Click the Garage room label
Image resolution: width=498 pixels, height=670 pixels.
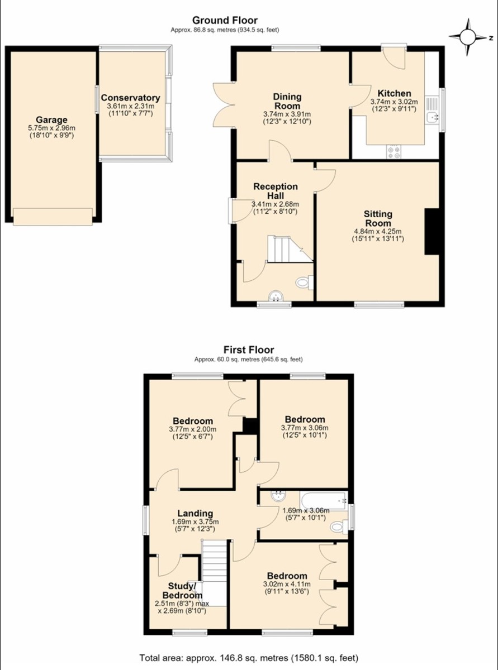(52, 120)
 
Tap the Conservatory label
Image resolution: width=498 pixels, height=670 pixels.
(131, 98)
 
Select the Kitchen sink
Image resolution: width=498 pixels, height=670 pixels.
(433, 117)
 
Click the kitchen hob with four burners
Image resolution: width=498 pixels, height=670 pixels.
(393, 152)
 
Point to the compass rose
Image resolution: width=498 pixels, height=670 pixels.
(468, 37)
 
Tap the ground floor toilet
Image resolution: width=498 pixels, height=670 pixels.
(305, 283)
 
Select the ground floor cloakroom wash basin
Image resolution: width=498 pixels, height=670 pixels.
(276, 296)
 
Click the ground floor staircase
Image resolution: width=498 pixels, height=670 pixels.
(290, 249)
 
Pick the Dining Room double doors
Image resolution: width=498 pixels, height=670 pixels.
(224, 106)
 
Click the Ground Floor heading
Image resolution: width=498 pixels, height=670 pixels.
(225, 20)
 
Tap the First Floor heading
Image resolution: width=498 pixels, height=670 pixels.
(249, 350)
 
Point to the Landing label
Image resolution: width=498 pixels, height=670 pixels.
(195, 513)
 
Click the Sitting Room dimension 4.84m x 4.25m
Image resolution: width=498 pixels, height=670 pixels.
(378, 232)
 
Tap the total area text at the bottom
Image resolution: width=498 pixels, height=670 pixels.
(249, 658)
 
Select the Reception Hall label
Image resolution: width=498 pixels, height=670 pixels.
(276, 191)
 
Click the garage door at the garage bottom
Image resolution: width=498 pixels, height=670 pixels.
(53, 217)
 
